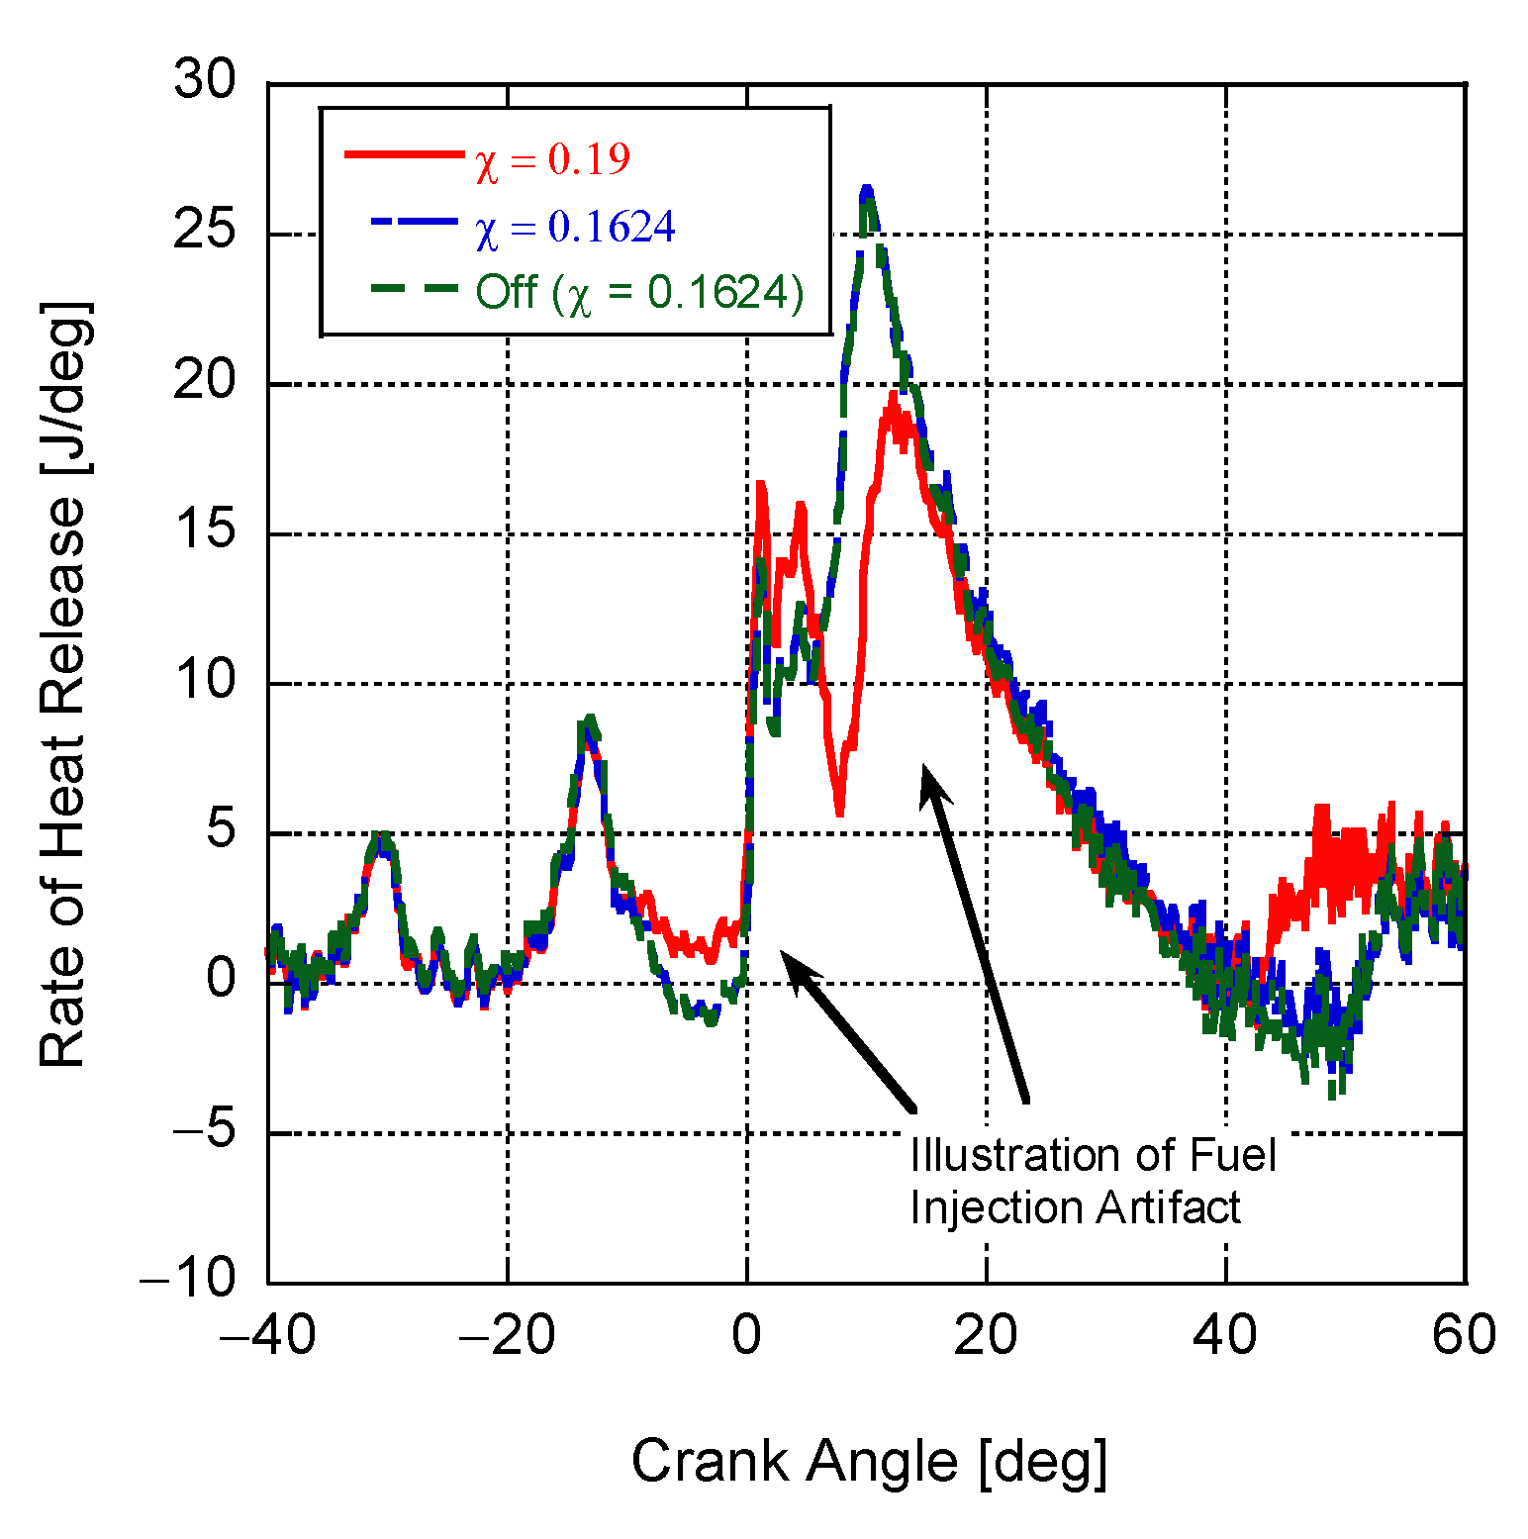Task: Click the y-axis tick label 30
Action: [205, 79]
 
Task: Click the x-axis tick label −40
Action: [267, 1334]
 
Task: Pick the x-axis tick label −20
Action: [507, 1334]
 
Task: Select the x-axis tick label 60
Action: [1464, 1334]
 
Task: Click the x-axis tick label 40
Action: [1225, 1334]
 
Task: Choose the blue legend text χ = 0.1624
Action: [575, 228]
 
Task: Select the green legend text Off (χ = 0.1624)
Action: [639, 293]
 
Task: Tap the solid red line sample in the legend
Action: [404, 154]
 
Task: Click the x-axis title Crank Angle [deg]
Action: [869, 1461]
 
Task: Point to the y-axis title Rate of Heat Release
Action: [63, 683]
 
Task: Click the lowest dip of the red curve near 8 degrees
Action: [839, 812]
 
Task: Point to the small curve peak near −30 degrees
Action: [381, 836]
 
